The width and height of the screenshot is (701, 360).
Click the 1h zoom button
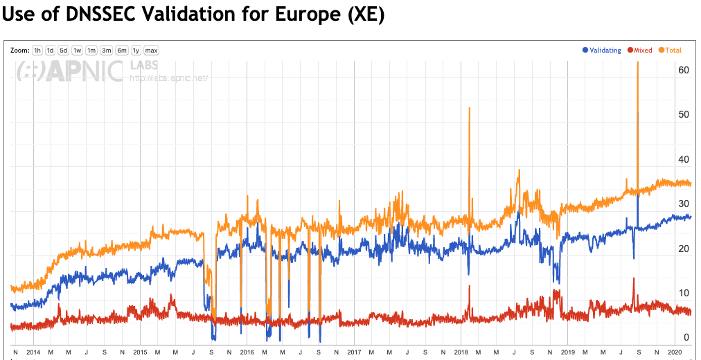pos(37,51)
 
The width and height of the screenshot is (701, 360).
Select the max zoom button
pos(152,51)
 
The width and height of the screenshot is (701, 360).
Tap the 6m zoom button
pos(122,51)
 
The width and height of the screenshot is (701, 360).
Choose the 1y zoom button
pos(136,51)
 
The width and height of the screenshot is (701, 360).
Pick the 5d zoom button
pos(63,51)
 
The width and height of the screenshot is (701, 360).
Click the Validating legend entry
pos(601,51)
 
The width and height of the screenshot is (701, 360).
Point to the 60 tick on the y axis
pos(683,71)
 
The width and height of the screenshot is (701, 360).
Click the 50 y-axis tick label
pos(683,115)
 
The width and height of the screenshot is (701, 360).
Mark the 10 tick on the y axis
pos(683,293)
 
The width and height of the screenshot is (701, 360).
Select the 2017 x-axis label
pos(355,352)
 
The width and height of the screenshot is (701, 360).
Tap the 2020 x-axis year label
pos(675,352)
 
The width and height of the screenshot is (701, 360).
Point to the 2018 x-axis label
pos(461,352)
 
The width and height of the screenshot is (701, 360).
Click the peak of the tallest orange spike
pos(637,63)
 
